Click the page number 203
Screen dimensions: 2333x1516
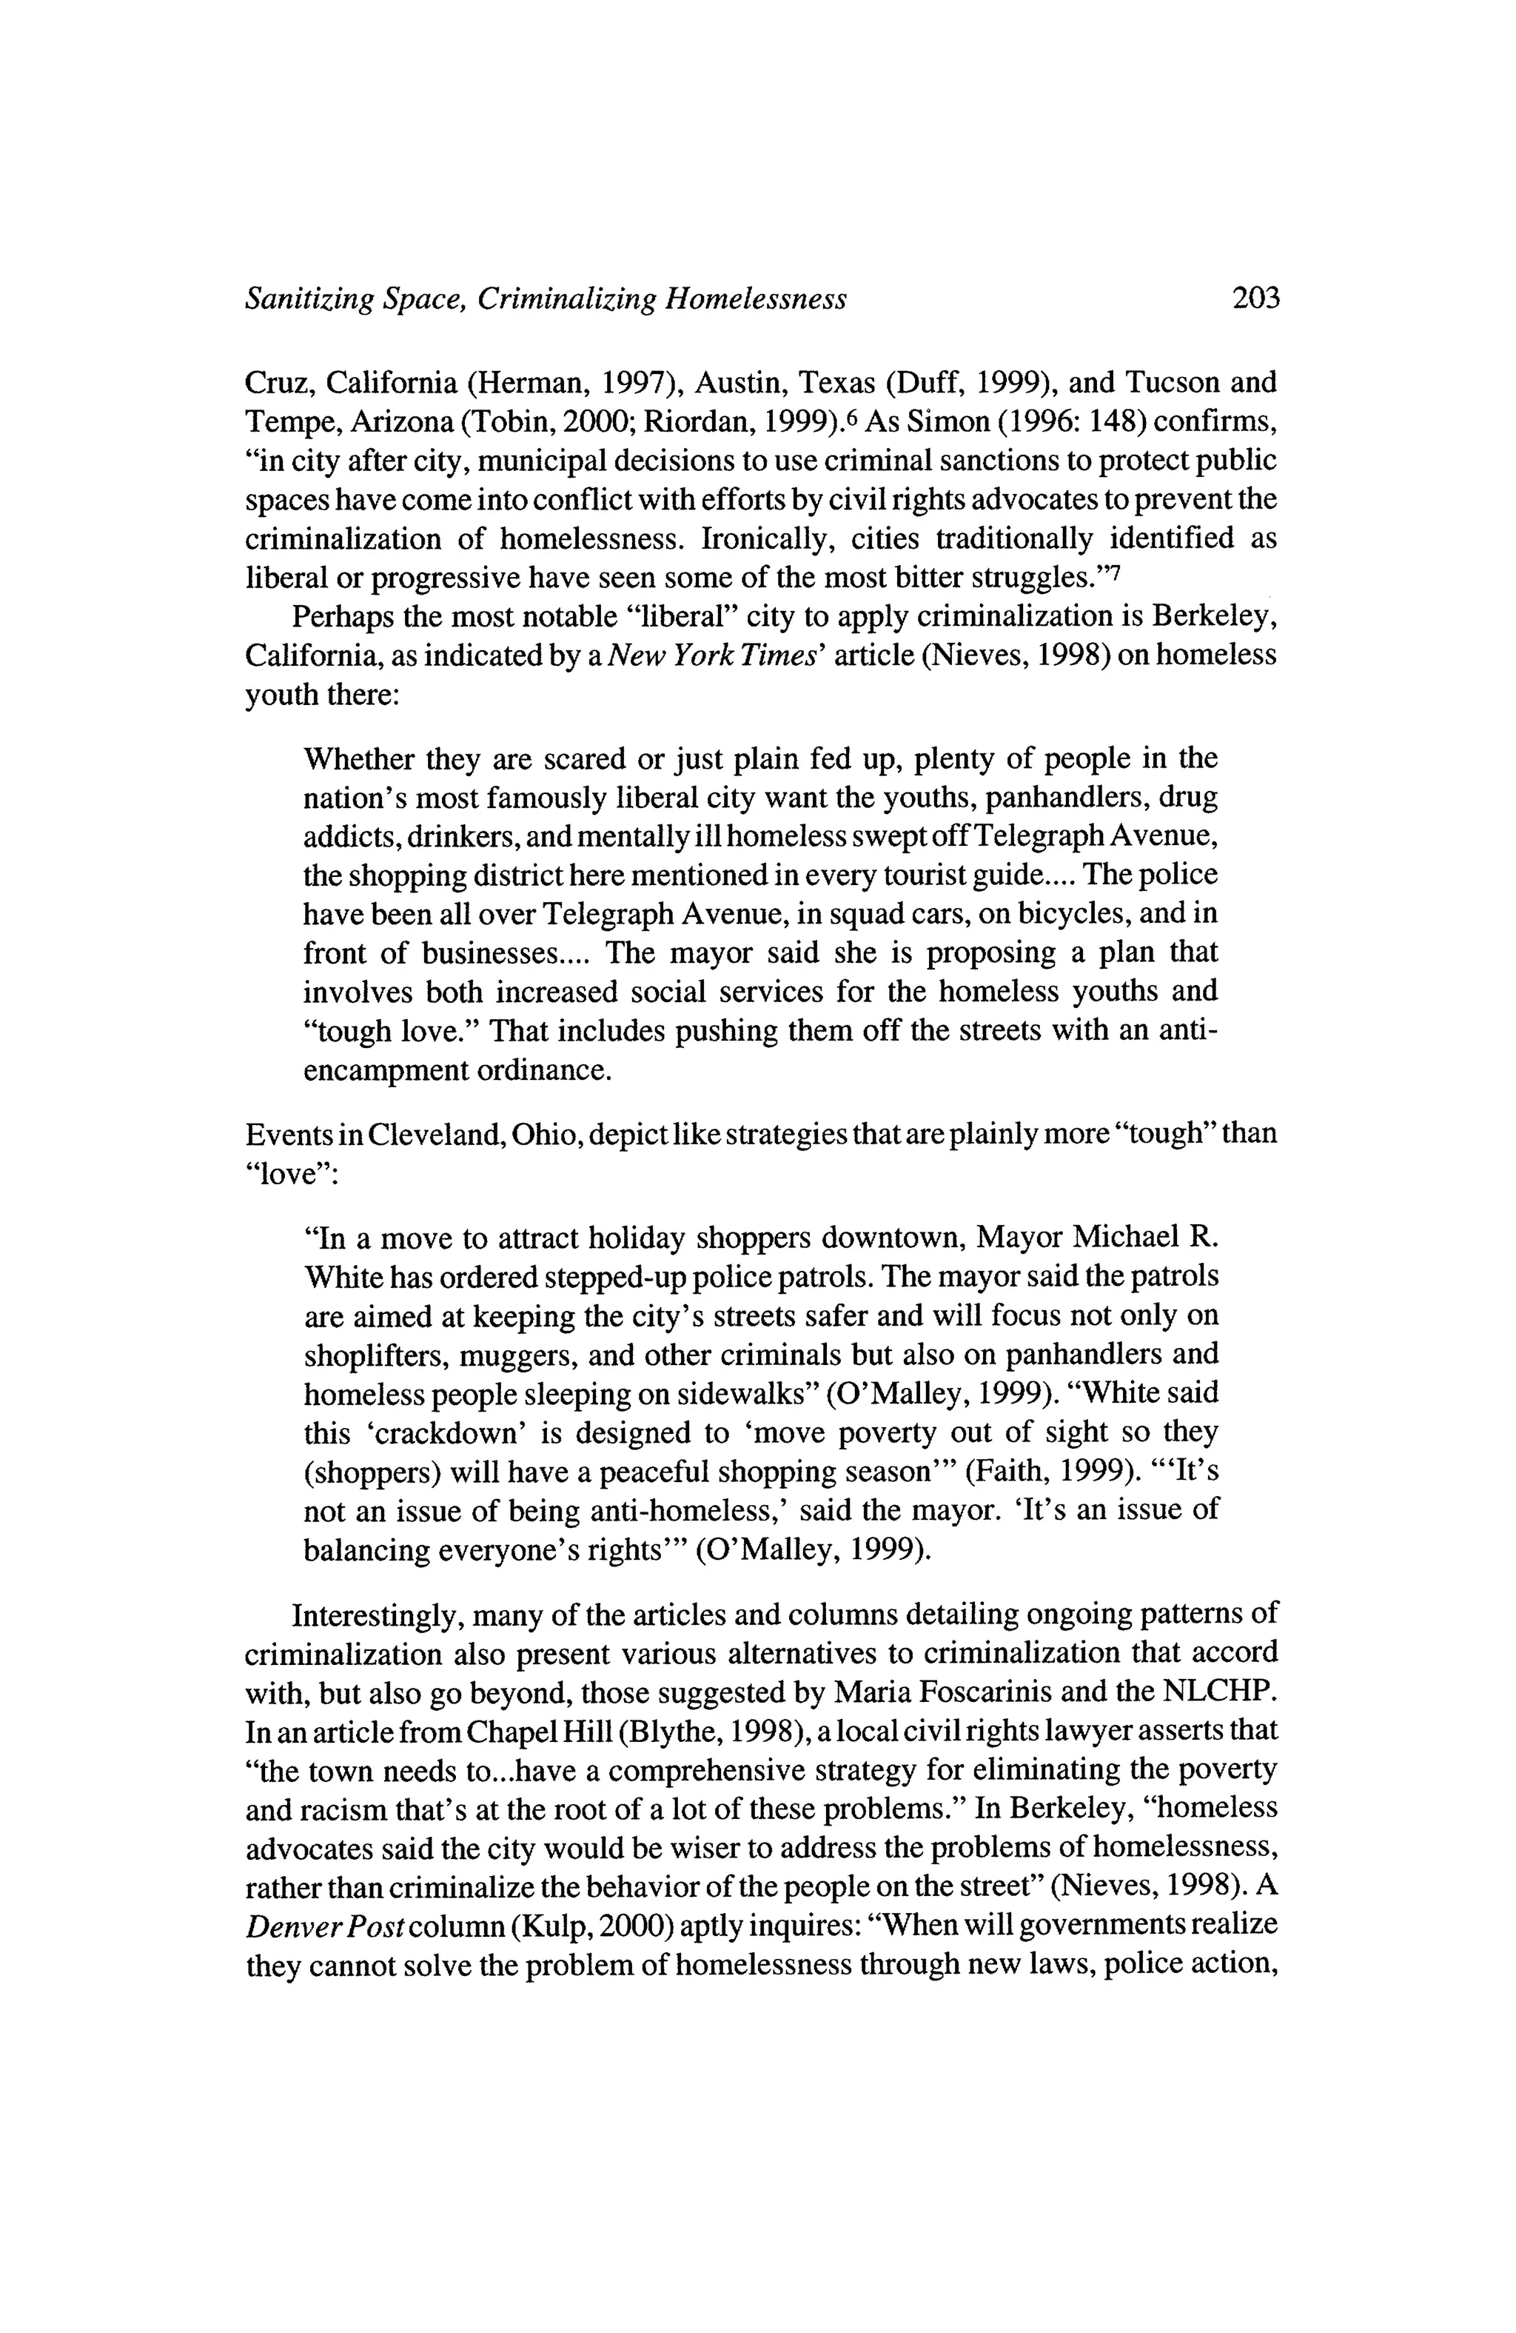coord(1255,298)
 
